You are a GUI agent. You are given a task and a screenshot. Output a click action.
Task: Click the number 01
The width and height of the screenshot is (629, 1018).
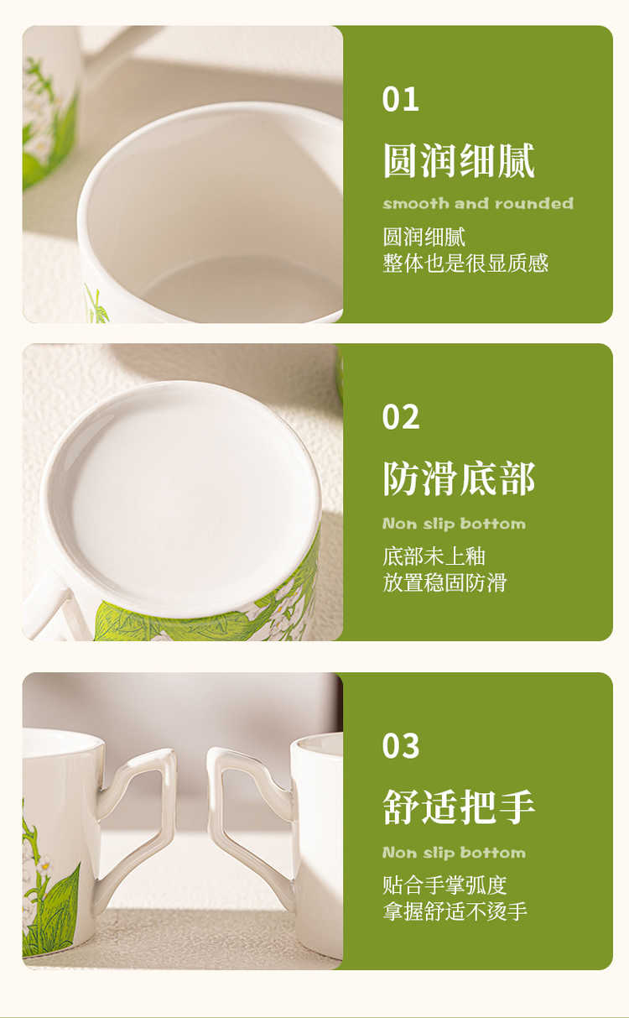tap(400, 99)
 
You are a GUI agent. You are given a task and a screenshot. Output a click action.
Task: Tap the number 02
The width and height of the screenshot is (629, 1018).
tap(401, 417)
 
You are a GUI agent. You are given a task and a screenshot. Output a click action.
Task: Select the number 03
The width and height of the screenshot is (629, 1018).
tap(401, 746)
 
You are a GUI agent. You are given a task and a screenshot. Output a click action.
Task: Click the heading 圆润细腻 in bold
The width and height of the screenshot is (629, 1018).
tap(459, 160)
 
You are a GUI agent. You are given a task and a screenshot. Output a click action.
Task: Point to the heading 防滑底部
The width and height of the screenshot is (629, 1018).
tap(459, 478)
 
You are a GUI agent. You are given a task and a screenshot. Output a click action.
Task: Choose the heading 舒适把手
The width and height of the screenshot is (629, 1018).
tap(459, 807)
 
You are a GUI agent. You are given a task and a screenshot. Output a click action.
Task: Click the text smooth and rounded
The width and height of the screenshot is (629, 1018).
tap(478, 203)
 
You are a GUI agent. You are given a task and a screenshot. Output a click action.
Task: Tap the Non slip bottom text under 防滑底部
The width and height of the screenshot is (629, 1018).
tap(455, 524)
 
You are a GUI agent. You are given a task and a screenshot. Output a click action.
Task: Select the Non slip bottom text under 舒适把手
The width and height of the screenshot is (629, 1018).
tap(455, 853)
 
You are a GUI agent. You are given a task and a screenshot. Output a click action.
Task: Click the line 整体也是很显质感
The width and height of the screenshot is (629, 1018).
tap(465, 264)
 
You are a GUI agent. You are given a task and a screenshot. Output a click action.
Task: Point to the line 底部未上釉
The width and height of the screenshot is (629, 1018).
tap(434, 556)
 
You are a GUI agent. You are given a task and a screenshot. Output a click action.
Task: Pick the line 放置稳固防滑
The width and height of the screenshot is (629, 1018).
tap(444, 582)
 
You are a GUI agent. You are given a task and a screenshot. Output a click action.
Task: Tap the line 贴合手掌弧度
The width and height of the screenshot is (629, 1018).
tap(444, 885)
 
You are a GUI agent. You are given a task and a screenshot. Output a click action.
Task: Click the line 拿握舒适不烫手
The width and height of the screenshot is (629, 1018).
tap(455, 911)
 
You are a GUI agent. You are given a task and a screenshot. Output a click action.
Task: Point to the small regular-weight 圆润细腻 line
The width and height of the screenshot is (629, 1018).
tap(424, 237)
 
